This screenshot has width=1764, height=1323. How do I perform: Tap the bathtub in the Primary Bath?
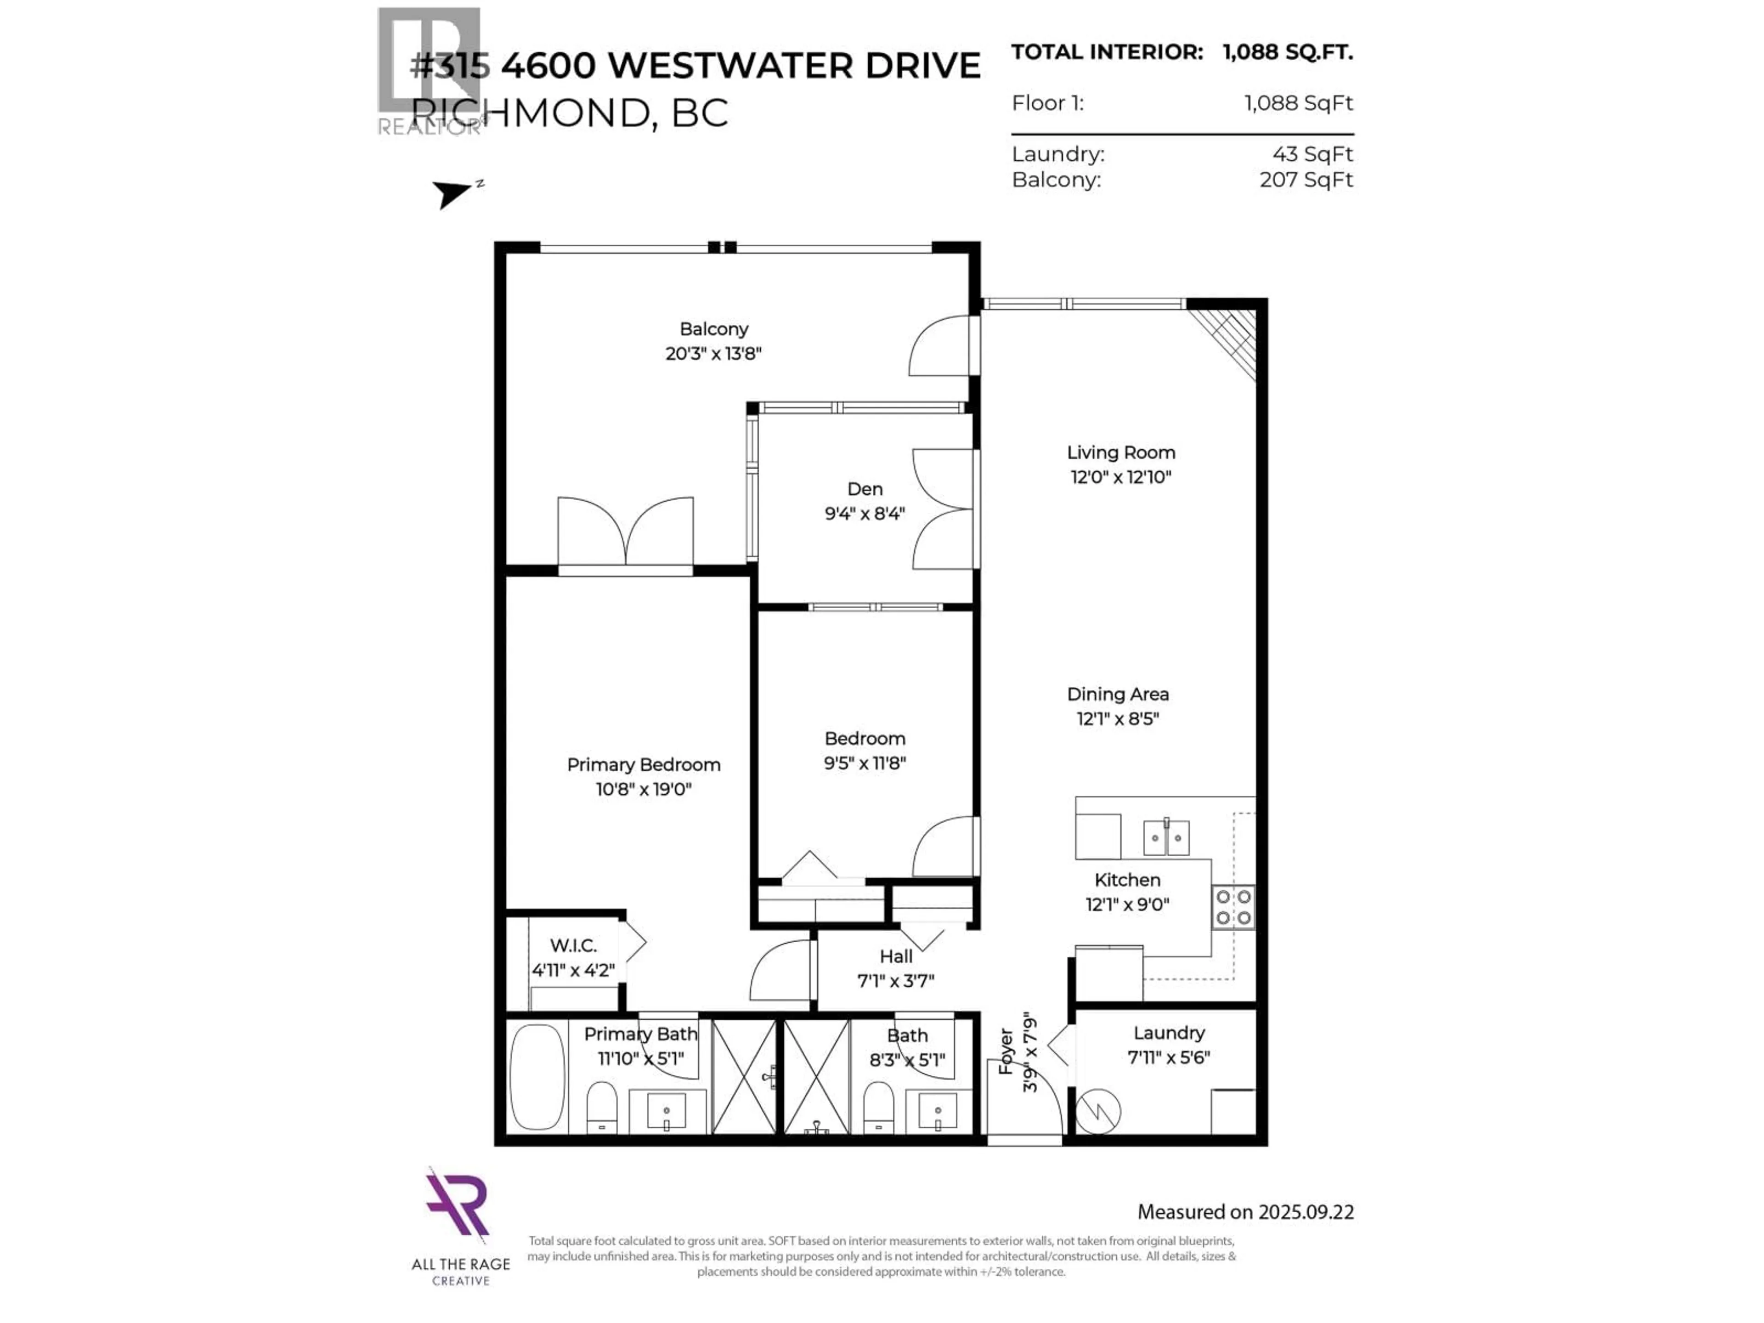[x=537, y=1077]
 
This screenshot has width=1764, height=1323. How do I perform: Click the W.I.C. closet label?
[x=572, y=946]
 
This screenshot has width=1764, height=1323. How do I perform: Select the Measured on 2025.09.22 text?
[x=1245, y=1212]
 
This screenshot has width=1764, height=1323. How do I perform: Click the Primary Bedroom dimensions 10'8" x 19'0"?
[x=643, y=790]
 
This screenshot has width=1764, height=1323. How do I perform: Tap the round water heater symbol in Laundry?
[x=1098, y=1111]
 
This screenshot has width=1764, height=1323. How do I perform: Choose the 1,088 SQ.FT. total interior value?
[x=1287, y=53]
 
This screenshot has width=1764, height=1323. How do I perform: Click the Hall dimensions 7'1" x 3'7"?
[x=896, y=981]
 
